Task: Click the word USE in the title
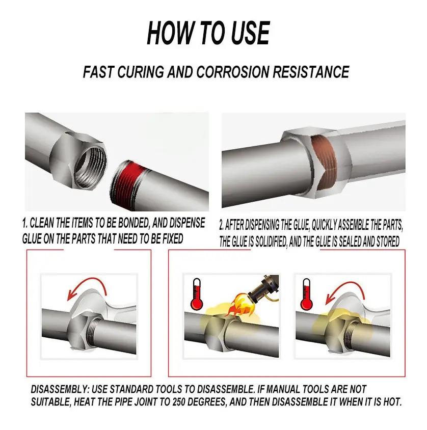(250, 33)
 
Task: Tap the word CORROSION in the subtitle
(233, 72)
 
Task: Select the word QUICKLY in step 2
(324, 225)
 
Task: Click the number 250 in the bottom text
(180, 402)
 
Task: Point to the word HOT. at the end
(392, 402)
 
